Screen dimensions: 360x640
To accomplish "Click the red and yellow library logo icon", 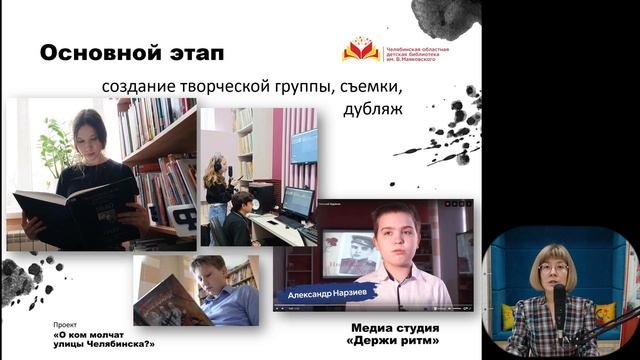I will tap(360, 48).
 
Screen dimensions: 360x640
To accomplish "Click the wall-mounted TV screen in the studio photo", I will tap(304, 146).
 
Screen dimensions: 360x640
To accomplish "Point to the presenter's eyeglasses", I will tap(553, 268).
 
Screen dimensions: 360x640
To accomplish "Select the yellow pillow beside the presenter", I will tap(605, 312).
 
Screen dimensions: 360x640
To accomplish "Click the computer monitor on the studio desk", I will tap(297, 201).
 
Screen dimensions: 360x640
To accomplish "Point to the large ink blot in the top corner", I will tap(446, 15).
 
